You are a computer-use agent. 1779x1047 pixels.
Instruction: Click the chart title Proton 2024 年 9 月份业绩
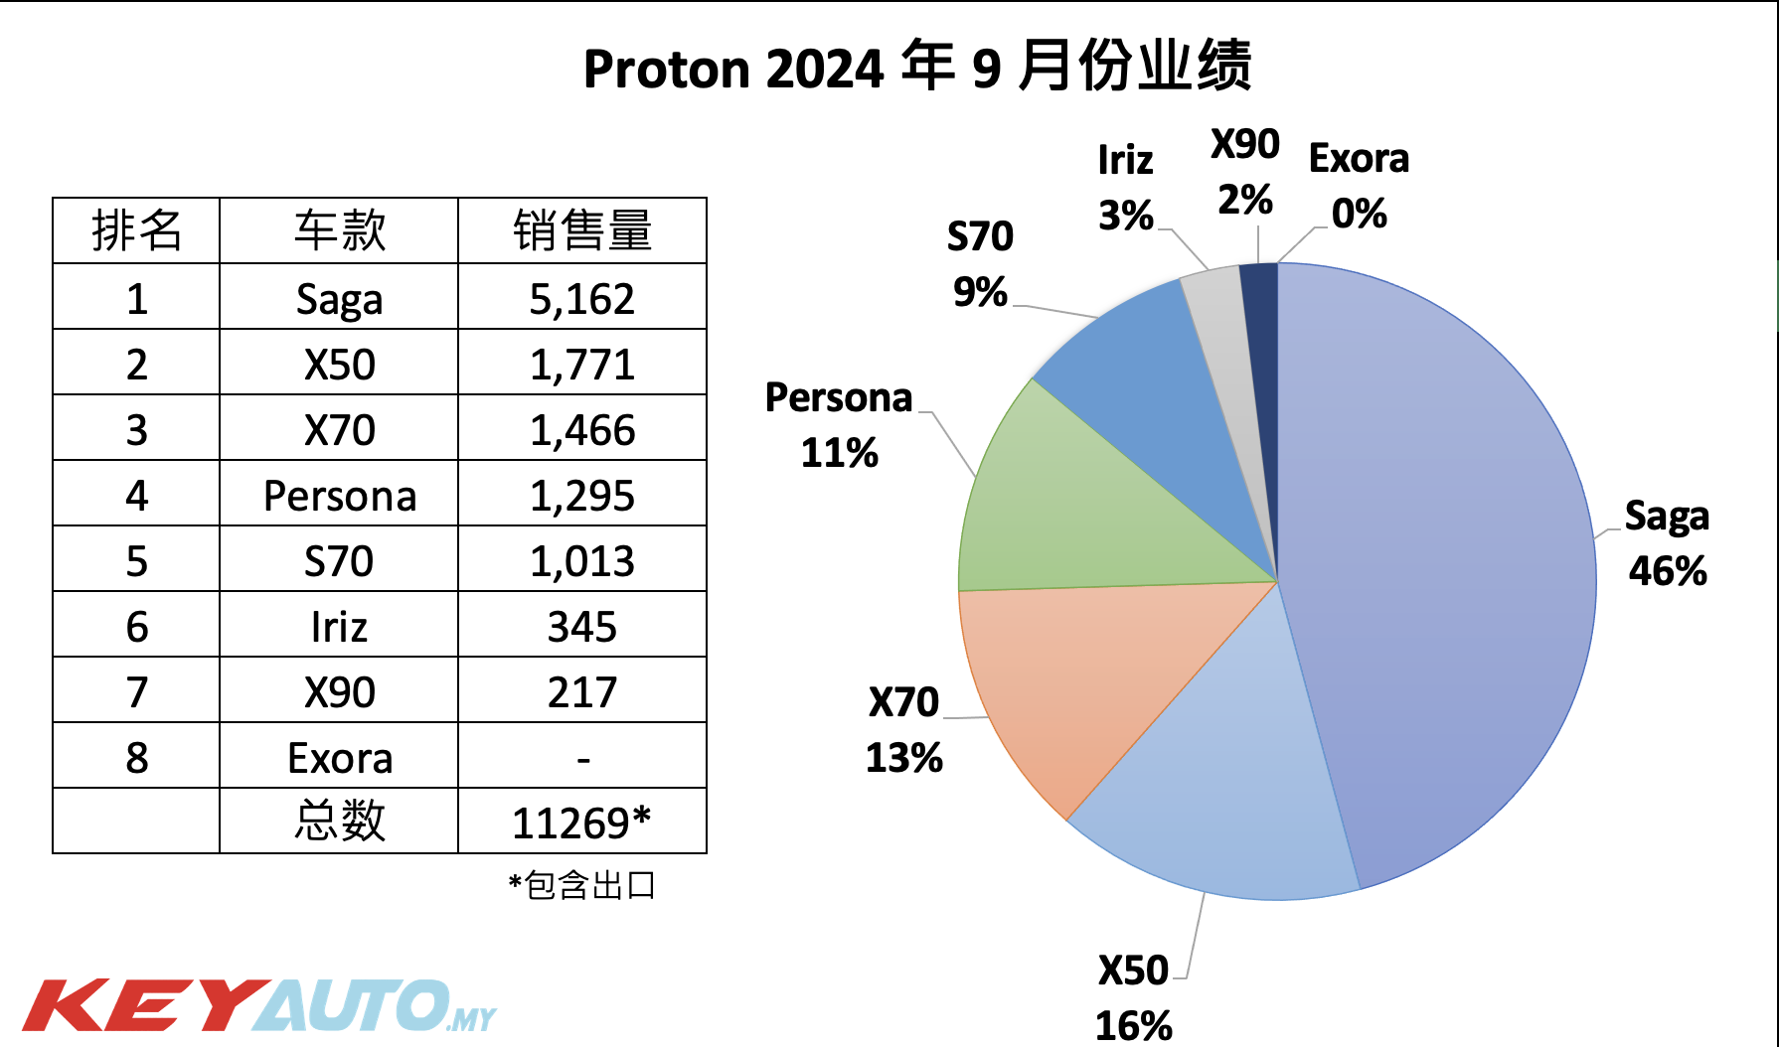coord(916,68)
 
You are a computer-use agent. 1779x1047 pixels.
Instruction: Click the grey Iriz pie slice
coord(1217,318)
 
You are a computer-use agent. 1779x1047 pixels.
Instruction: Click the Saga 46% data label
coord(1667,543)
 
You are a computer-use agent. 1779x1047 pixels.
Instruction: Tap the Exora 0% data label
coord(1359,186)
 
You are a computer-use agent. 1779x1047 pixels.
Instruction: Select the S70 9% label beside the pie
coord(980,264)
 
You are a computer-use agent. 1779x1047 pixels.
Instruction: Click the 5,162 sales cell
coord(581,298)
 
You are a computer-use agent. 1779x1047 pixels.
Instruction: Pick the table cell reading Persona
coord(339,495)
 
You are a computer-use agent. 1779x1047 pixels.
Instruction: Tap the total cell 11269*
coord(581,823)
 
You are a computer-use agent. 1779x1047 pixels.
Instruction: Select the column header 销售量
coord(581,230)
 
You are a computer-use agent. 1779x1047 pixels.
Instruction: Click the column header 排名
coord(136,230)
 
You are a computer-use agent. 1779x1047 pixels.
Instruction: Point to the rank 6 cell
coord(136,626)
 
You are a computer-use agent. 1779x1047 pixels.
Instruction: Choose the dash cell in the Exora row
coord(582,758)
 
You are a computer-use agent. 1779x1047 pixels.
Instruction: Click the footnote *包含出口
coord(581,884)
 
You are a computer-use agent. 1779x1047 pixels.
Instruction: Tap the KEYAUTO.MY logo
coord(258,1005)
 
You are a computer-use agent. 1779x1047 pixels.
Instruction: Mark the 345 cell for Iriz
coord(581,626)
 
